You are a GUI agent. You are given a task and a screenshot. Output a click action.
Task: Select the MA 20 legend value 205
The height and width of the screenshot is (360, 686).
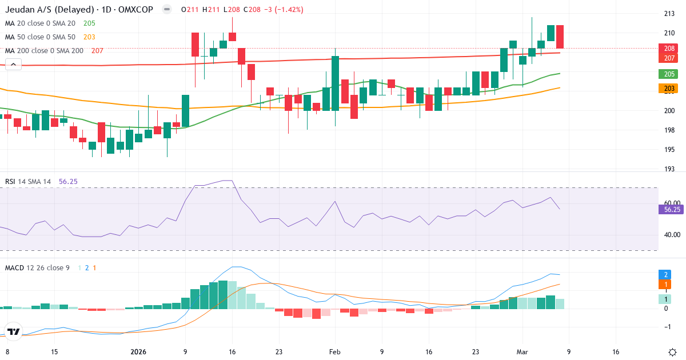89,23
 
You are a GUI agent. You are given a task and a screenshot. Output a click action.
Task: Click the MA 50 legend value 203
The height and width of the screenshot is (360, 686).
89,37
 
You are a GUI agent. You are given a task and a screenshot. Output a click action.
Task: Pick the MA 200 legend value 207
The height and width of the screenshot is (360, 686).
97,51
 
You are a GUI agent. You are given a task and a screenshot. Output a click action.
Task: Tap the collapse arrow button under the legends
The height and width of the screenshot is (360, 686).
13,65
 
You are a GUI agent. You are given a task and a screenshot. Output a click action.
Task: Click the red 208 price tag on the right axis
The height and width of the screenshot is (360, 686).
669,49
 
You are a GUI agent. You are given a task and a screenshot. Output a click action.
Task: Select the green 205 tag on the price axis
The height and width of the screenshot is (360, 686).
669,74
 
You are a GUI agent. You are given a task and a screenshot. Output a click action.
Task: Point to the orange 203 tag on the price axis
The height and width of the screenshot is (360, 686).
669,89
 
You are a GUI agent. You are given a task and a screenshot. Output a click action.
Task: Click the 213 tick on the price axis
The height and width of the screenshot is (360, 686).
669,14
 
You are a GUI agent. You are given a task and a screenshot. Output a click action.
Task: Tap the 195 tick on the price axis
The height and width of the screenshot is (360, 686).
669,150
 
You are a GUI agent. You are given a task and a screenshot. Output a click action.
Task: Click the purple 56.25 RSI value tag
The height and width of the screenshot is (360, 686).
672,210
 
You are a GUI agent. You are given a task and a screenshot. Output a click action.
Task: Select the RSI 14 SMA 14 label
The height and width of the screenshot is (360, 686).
28,182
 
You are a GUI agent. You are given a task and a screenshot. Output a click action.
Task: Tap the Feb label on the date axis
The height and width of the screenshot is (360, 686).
335,352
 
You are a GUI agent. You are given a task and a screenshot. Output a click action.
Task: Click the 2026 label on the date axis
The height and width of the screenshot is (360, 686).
139,352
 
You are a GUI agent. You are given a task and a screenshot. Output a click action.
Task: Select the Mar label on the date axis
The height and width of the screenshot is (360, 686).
521,352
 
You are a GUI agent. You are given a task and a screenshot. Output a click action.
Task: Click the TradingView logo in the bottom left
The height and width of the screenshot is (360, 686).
13,331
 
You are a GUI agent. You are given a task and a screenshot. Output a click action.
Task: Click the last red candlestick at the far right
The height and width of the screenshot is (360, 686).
560,37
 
